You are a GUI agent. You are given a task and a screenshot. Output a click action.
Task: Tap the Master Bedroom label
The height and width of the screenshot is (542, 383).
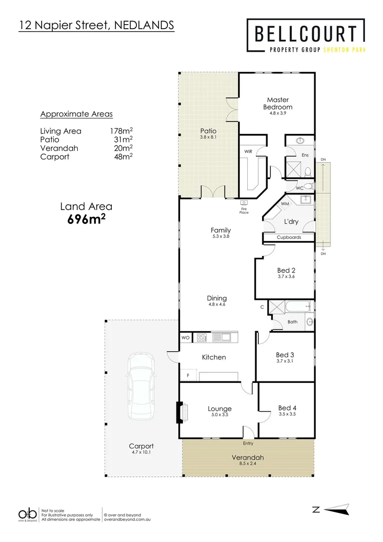tap(277, 103)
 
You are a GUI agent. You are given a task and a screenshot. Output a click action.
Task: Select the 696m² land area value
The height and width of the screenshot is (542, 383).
tap(86, 219)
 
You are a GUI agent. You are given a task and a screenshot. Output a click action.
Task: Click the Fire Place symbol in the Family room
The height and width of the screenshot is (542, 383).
tap(244, 203)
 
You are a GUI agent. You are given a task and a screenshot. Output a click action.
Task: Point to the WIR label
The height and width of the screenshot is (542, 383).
tap(248, 151)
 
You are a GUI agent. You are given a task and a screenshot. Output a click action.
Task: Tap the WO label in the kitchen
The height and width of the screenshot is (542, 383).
tap(185, 338)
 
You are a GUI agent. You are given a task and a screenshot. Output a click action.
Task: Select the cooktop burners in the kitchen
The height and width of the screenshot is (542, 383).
tap(202, 338)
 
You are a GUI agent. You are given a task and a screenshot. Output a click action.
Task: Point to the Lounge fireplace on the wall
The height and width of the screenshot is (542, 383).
tap(179, 413)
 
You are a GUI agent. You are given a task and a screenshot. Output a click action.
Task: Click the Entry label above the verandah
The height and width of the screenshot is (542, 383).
tap(248, 443)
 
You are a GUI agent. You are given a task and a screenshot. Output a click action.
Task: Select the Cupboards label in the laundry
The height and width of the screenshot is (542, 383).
tap(289, 237)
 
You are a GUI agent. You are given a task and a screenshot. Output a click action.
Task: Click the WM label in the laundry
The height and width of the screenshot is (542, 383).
tap(284, 204)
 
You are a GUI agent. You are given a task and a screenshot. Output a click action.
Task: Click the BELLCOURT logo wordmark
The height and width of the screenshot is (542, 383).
tap(306, 34)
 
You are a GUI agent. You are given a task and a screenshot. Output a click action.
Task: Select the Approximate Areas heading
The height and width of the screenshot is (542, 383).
tap(76, 114)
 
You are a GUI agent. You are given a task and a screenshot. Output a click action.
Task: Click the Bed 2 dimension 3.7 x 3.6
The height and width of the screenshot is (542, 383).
tap(286, 277)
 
